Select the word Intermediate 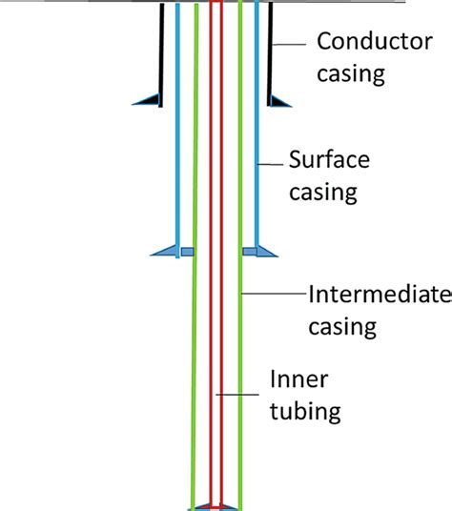pyautogui.click(x=379, y=296)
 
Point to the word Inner pyautogui.click(x=299, y=380)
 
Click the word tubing pyautogui.click(x=305, y=412)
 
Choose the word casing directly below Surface pyautogui.click(x=324, y=193)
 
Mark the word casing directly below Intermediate pyautogui.click(x=342, y=326)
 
